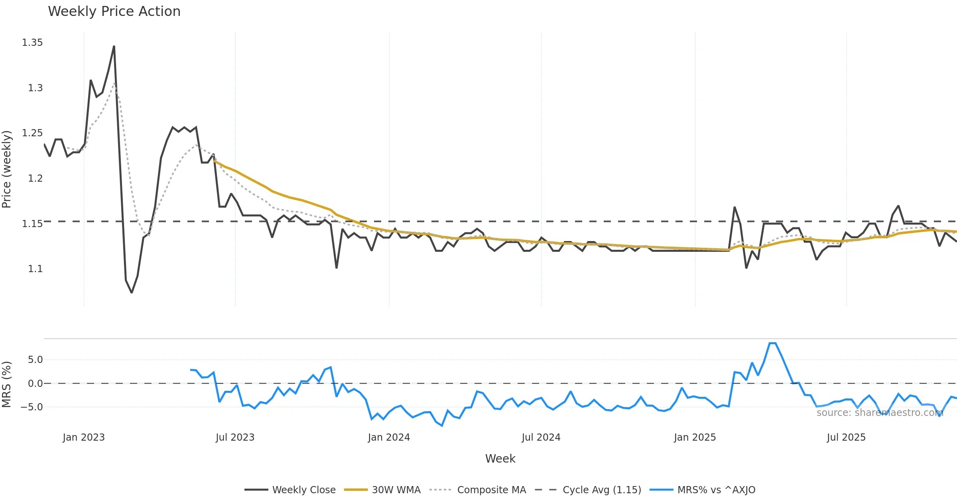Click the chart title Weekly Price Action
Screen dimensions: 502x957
click(x=114, y=12)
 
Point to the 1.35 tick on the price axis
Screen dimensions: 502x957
click(x=32, y=43)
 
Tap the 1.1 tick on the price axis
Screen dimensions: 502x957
click(x=35, y=269)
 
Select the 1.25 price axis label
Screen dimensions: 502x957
click(x=32, y=133)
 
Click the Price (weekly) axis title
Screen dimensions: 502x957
click(x=7, y=169)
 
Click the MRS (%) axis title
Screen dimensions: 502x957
click(x=7, y=384)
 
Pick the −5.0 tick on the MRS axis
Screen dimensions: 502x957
click(x=32, y=407)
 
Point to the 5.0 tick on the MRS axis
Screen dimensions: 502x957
click(x=35, y=360)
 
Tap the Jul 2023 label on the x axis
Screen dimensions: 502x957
click(x=235, y=437)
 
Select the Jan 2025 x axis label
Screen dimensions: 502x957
click(x=695, y=437)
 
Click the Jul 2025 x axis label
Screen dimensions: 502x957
click(x=846, y=437)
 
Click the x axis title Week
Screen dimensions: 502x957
click(x=500, y=459)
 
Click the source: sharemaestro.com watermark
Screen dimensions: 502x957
click(x=880, y=413)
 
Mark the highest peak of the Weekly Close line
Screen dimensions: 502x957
click(x=114, y=46)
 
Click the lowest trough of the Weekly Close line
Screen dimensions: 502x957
click(x=132, y=293)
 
